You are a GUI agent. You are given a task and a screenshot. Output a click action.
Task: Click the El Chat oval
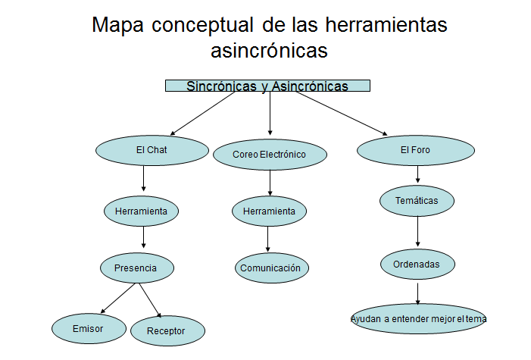(151, 150)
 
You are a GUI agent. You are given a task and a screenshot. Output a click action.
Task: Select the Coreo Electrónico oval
(270, 155)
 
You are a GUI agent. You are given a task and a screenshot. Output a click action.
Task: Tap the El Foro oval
(415, 150)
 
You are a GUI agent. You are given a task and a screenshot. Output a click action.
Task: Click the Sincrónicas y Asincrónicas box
(267, 86)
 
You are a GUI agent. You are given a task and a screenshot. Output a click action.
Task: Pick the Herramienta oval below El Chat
(141, 211)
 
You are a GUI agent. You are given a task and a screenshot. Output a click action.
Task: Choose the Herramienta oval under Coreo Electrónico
(269, 211)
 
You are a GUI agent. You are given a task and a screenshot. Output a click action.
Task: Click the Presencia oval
(136, 268)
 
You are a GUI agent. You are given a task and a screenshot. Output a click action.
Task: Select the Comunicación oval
(270, 268)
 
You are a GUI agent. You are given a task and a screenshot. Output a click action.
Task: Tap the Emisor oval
(88, 328)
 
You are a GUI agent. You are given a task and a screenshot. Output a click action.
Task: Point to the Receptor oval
(166, 330)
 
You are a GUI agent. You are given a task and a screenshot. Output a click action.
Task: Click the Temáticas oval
(417, 201)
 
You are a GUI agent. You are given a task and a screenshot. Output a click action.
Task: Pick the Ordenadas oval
(417, 264)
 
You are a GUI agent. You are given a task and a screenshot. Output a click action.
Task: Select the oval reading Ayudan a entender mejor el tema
(418, 319)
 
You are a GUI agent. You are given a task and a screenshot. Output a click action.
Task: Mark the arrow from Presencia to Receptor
(149, 300)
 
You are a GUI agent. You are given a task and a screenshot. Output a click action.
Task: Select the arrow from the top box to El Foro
(342, 112)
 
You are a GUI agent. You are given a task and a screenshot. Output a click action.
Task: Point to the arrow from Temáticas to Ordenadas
(417, 232)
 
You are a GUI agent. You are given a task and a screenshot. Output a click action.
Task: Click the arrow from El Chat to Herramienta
(144, 179)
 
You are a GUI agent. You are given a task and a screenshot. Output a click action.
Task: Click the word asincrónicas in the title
(269, 51)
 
